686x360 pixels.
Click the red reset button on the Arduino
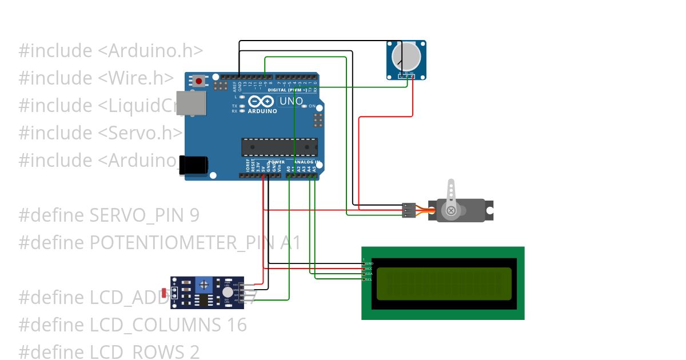(198, 81)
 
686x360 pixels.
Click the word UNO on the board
(290, 102)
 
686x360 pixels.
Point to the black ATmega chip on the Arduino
(279, 147)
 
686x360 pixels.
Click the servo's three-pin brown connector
(408, 210)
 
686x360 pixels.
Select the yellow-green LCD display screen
(444, 283)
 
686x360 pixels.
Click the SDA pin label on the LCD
(369, 274)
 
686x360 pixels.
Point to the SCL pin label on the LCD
(369, 279)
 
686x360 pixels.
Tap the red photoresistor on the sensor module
(165, 293)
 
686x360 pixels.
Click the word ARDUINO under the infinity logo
(262, 111)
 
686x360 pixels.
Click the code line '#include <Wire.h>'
(96, 78)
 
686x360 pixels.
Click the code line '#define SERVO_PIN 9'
(109, 215)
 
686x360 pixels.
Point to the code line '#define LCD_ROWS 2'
(109, 352)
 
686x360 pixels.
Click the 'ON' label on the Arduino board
(312, 106)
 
